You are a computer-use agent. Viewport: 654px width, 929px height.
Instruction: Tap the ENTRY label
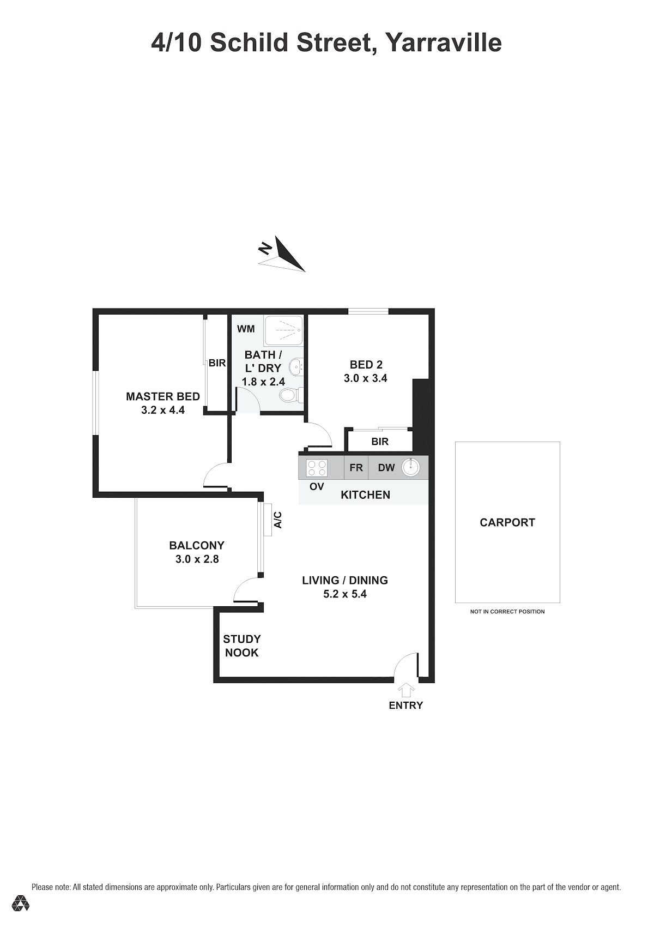[x=405, y=705]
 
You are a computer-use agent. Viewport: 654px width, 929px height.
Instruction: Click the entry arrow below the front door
[x=405, y=690]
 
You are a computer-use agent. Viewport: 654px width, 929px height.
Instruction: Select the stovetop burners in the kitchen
[x=317, y=468]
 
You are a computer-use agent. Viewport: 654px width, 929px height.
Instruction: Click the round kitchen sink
[x=410, y=467]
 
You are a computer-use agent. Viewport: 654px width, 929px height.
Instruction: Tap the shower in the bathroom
[x=284, y=330]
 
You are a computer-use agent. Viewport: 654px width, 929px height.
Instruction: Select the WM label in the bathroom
[x=246, y=329]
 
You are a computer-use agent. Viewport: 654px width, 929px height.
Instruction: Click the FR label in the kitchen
[x=356, y=468]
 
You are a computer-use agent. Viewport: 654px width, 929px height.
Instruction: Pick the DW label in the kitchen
[x=386, y=468]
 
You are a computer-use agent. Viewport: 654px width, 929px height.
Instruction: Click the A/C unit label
[x=278, y=520]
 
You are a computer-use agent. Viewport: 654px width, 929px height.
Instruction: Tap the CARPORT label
[x=507, y=522]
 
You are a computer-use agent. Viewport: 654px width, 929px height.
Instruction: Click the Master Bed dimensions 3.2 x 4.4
[x=163, y=410]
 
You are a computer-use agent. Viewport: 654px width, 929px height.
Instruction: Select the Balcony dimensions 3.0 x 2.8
[x=197, y=559]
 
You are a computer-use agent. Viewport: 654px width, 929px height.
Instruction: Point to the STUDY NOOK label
[x=242, y=646]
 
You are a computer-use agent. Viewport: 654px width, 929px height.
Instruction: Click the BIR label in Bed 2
[x=380, y=442]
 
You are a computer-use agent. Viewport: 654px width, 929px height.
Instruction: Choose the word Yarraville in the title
[x=444, y=43]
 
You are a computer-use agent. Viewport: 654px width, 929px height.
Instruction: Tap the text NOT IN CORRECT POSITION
[x=507, y=611]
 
